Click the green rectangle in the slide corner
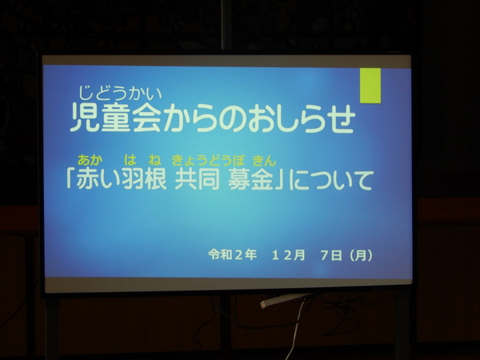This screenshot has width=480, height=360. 370,86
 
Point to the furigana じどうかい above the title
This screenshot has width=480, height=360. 120,93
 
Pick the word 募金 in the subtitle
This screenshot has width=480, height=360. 250,180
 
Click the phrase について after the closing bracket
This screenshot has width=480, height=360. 331,180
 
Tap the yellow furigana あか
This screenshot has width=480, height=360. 90,160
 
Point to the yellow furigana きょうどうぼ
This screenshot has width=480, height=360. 209,161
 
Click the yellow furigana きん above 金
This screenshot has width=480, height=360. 264,161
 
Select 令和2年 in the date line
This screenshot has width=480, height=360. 232,254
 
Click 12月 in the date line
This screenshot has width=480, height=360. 288,255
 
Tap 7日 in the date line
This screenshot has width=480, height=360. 331,255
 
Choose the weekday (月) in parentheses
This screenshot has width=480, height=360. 362,255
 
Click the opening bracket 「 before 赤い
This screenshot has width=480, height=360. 70,178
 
